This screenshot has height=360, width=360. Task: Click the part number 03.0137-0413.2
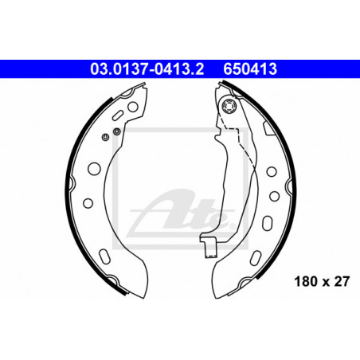147,69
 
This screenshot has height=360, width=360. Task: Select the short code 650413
250,69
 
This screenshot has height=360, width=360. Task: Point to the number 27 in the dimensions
342,281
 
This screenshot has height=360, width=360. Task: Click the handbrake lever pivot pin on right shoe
229,106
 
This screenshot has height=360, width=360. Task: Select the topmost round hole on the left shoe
133,107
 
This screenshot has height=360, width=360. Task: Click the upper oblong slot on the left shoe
118,115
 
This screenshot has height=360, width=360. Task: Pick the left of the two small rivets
105,137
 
